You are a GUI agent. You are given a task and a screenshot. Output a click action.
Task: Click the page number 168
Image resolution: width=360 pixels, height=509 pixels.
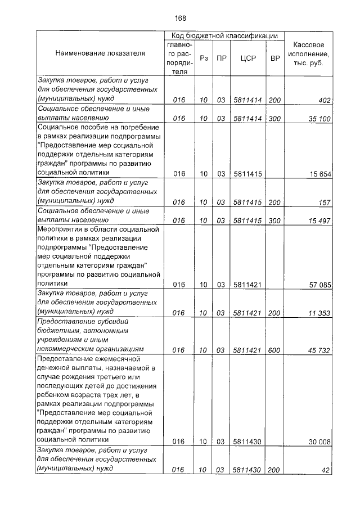pyautogui.click(x=180, y=17)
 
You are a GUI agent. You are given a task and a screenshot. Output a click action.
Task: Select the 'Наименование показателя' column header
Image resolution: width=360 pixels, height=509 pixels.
pyautogui.click(x=100, y=53)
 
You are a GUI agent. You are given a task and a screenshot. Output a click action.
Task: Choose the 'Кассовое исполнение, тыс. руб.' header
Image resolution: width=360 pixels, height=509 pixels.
pyautogui.click(x=308, y=53)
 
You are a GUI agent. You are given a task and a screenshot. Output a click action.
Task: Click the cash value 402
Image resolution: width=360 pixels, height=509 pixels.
pyautogui.click(x=325, y=101)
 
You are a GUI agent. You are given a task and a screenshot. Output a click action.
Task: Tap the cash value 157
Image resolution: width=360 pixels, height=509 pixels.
pyautogui.click(x=325, y=201)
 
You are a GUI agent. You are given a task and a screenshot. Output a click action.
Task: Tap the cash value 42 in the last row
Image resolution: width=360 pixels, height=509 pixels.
pyautogui.click(x=327, y=470)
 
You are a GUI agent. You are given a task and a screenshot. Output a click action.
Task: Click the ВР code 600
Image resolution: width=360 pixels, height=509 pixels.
pyautogui.click(x=274, y=350)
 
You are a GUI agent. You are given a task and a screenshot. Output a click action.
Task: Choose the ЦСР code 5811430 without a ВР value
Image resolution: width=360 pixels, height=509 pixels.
pyautogui.click(x=248, y=442)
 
